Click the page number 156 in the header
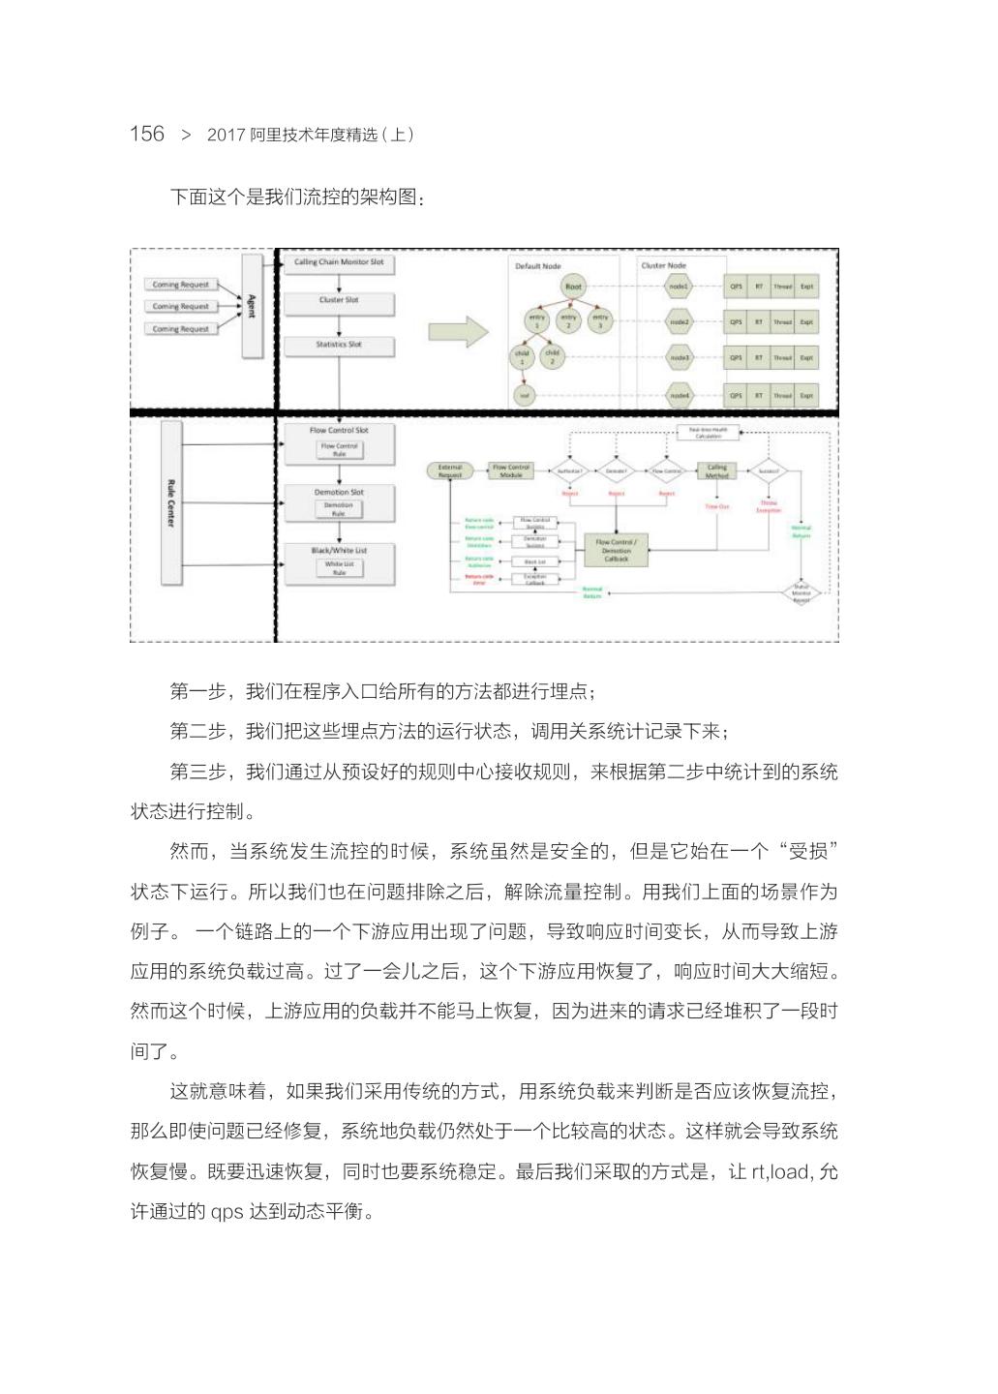[x=147, y=134]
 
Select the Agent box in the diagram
[x=252, y=306]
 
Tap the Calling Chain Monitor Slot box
[x=339, y=263]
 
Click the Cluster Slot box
[x=339, y=302]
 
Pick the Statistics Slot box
[x=339, y=346]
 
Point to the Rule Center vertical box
[x=171, y=503]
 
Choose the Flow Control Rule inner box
[x=340, y=450]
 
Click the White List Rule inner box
[x=340, y=568]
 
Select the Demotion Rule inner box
[x=339, y=509]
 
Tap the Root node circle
[x=574, y=287]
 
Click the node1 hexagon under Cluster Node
[x=680, y=287]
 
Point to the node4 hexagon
[x=680, y=395]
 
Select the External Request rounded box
[x=450, y=471]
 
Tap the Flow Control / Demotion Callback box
[x=617, y=550]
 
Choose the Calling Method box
[x=717, y=471]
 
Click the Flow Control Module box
[x=511, y=471]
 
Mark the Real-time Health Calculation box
[x=708, y=433]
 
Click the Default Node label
[x=538, y=266]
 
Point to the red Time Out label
[x=717, y=506]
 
